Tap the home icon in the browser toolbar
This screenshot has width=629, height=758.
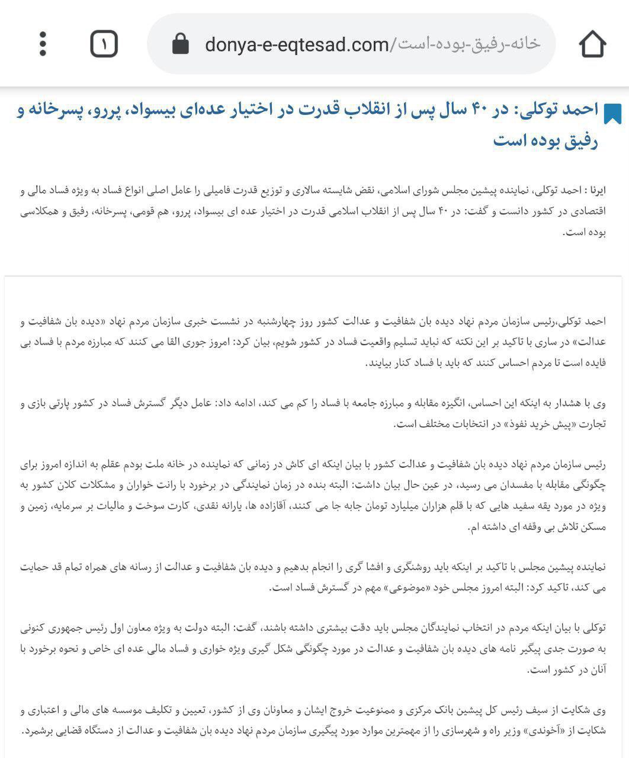click(x=592, y=44)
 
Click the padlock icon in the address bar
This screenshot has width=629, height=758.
click(x=180, y=44)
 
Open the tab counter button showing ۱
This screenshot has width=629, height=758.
click(x=104, y=44)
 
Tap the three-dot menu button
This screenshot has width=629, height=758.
click(x=43, y=44)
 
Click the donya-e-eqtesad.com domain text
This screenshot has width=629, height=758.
click(x=297, y=44)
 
